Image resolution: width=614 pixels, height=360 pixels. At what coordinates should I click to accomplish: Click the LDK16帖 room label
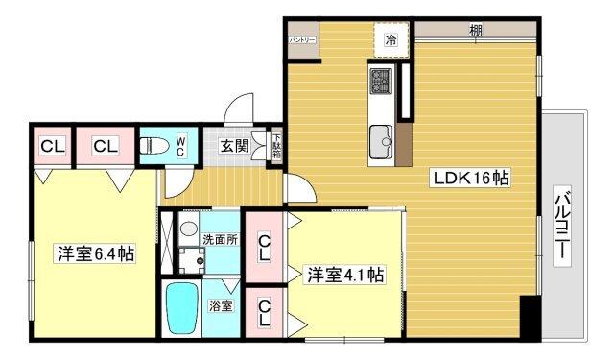click(470, 178)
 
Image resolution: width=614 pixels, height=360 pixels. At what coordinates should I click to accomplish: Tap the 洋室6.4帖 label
click(95, 254)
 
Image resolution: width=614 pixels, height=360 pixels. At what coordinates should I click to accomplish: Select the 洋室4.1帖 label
click(345, 275)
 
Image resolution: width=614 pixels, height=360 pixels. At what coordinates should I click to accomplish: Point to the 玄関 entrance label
click(234, 146)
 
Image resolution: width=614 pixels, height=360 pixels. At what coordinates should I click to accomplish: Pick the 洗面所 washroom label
click(220, 239)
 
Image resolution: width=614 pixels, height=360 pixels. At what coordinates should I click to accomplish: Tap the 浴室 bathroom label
click(221, 306)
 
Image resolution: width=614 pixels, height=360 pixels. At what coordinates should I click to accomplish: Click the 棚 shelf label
click(476, 30)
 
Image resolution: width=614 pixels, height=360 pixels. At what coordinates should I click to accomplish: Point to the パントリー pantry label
click(303, 39)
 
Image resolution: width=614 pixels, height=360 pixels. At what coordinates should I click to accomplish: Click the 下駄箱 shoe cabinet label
click(276, 146)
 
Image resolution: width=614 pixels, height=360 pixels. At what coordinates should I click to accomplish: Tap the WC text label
click(179, 146)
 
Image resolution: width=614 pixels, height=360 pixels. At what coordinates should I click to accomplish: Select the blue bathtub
click(182, 308)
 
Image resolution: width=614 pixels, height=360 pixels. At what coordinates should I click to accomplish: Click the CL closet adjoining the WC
click(106, 146)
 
